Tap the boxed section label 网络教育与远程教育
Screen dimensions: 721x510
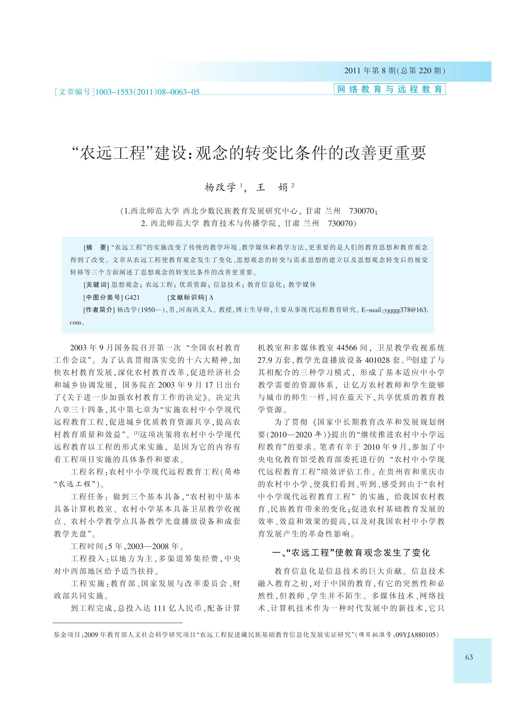(x=389, y=89)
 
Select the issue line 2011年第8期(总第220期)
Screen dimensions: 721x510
(x=395, y=71)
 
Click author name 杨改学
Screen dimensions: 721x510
(x=220, y=188)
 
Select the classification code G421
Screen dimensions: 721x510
(x=132, y=297)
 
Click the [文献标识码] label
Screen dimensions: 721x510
(x=187, y=297)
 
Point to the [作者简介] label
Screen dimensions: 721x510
(x=99, y=310)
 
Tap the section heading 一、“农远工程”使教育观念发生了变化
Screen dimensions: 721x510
(x=351, y=553)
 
